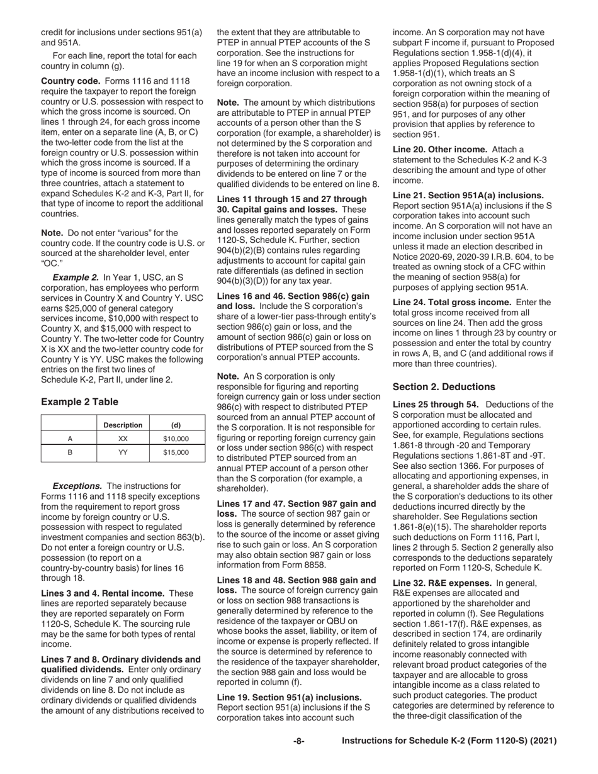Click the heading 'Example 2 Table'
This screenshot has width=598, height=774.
tap(79, 401)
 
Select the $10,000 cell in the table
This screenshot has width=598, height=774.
tap(176, 439)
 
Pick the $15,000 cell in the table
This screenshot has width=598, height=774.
tap(176, 452)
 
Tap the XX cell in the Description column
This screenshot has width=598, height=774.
tap(123, 439)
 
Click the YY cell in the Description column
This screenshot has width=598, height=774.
tap(123, 452)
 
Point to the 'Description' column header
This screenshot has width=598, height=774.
tap(123, 425)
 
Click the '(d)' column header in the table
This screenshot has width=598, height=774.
tap(176, 425)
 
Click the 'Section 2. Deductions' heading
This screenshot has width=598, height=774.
tap(444, 386)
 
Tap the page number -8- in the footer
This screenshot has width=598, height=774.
tap(299, 741)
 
